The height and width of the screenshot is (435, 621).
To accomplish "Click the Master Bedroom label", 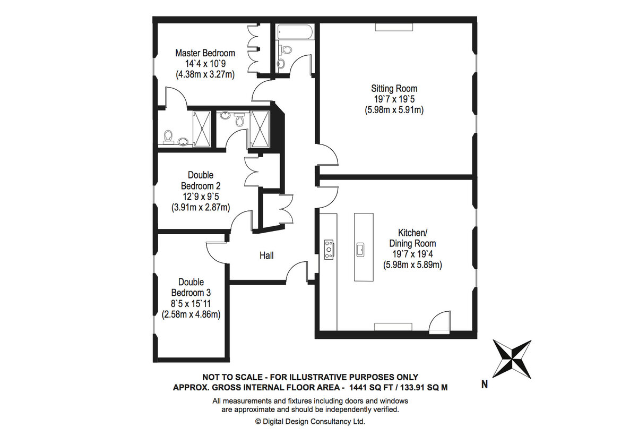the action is click(x=205, y=53).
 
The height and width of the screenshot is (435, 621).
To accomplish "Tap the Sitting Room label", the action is click(x=394, y=88).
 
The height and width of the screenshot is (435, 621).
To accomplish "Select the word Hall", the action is click(x=266, y=255).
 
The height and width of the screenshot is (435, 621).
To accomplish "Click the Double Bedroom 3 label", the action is click(x=191, y=288).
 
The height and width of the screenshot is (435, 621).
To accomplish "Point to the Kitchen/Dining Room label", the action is click(x=412, y=238).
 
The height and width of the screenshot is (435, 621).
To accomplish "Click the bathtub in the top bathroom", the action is click(x=295, y=32).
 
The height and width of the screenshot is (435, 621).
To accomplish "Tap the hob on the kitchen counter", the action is click(x=329, y=250).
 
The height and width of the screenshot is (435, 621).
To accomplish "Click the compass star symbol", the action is click(x=512, y=359).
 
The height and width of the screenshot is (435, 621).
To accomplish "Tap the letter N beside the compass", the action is click(x=485, y=385).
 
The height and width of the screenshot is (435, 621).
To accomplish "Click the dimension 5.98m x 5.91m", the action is click(x=394, y=110).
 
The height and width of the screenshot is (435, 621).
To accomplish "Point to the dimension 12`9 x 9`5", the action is click(x=201, y=197).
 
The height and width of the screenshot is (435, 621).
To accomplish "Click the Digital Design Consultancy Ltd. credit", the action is click(x=310, y=422).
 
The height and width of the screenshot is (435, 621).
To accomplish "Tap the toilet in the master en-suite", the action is click(x=168, y=137).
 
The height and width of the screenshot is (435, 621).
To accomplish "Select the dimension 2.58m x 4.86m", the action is click(x=191, y=314).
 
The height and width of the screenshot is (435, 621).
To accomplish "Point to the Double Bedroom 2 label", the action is click(x=201, y=180).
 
